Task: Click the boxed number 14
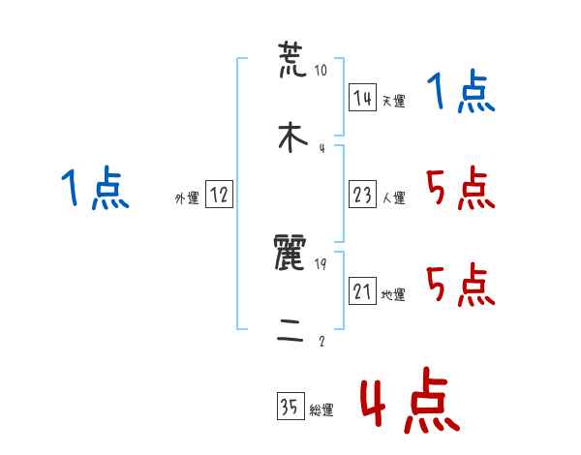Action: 362,98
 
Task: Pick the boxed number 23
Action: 362,195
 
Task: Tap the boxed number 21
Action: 362,291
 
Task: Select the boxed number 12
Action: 219,195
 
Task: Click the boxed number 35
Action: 290,408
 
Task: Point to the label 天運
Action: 393,101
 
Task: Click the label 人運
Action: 393,197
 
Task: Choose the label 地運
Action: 393,294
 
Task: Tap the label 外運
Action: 187,197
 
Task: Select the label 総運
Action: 321,410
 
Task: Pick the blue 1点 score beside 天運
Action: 460,94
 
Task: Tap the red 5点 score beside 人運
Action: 460,189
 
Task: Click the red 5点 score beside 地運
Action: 460,286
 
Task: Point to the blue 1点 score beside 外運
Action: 94,189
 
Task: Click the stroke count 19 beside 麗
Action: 321,264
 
